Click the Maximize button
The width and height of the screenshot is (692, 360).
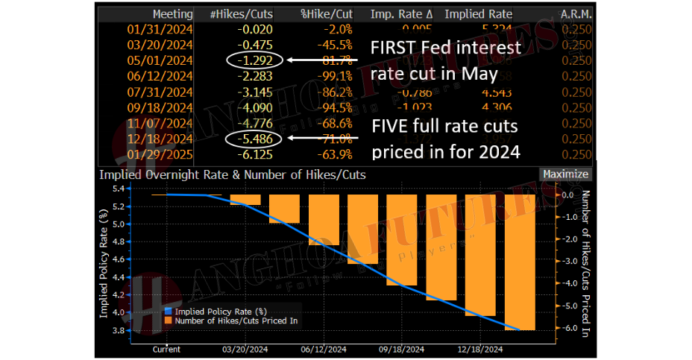(x=564, y=174)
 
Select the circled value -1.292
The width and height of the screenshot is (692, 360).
(x=254, y=60)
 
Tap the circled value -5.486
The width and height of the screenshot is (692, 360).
(x=254, y=139)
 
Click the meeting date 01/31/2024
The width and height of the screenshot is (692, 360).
(x=161, y=29)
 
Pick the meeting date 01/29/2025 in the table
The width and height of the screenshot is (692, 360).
(x=161, y=154)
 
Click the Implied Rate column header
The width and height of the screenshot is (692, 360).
(x=477, y=14)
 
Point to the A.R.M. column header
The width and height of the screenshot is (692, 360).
(x=575, y=14)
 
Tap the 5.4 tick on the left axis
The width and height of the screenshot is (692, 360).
(x=119, y=189)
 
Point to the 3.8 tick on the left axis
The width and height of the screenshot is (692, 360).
(x=119, y=330)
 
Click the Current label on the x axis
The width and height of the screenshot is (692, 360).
(x=166, y=349)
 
